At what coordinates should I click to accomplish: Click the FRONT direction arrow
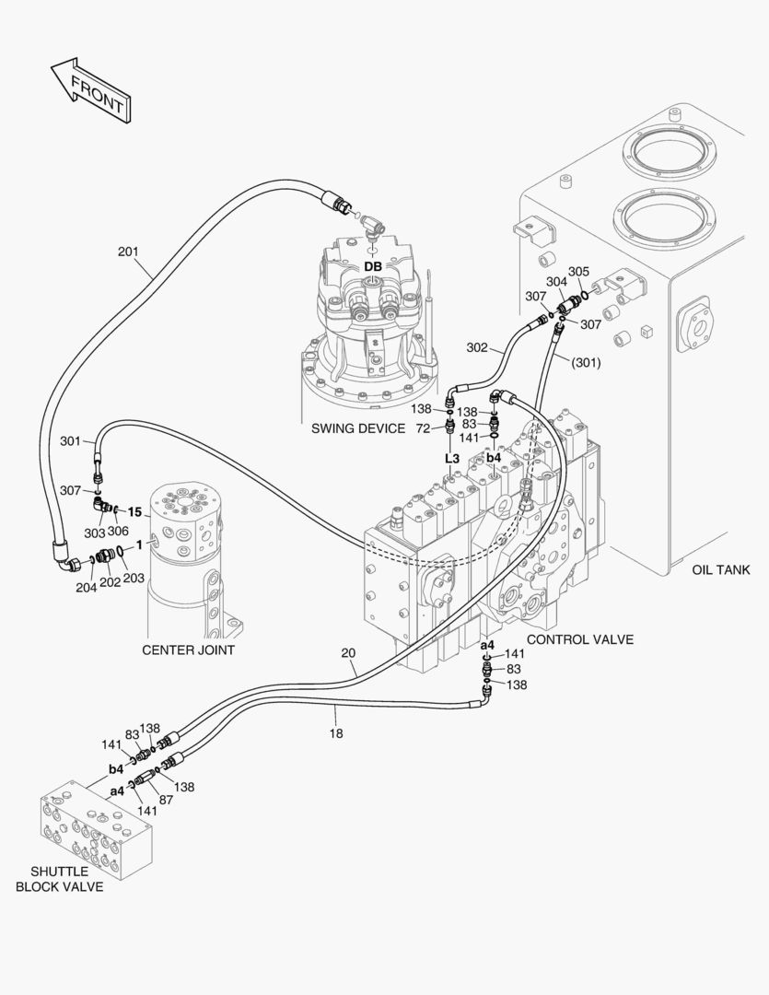pyautogui.click(x=89, y=90)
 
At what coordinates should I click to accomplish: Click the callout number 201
pyautogui.click(x=130, y=251)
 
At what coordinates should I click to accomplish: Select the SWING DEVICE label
pyautogui.click(x=358, y=428)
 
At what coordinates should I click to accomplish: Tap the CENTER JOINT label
pyautogui.click(x=188, y=650)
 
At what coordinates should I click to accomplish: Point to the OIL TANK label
pyautogui.click(x=721, y=569)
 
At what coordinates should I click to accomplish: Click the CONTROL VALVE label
pyautogui.click(x=579, y=639)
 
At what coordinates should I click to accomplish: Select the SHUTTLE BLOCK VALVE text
pyautogui.click(x=59, y=879)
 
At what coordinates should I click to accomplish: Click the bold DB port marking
pyautogui.click(x=373, y=266)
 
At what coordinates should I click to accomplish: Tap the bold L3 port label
pyautogui.click(x=452, y=458)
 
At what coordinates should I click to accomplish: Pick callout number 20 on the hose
pyautogui.click(x=348, y=653)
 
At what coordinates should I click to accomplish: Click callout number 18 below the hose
pyautogui.click(x=336, y=733)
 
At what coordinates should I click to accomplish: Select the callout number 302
pyautogui.click(x=477, y=347)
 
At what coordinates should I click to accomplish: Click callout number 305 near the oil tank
pyautogui.click(x=578, y=272)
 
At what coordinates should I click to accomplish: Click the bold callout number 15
pyautogui.click(x=134, y=511)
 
